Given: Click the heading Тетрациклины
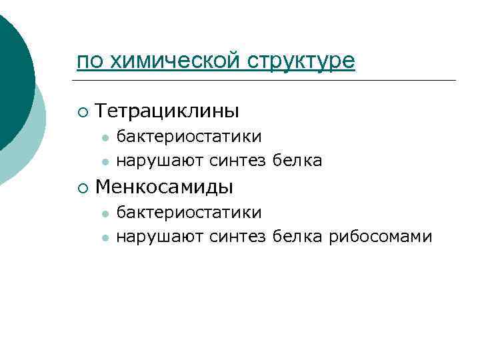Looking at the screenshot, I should point(167,111).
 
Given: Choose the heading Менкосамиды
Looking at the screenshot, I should point(164,187).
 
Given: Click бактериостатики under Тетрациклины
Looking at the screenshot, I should point(189,137).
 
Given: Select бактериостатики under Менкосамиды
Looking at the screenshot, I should point(189,213).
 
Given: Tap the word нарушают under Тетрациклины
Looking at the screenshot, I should point(160,161).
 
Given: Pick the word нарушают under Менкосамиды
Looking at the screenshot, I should point(160,237).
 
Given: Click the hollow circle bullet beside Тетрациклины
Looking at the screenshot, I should point(81,111).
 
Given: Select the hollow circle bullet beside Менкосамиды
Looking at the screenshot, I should point(81,188).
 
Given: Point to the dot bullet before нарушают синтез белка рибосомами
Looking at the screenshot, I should point(105,237).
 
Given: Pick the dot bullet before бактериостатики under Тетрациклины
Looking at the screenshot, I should point(105,137).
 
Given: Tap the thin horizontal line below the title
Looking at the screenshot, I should point(267,81).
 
